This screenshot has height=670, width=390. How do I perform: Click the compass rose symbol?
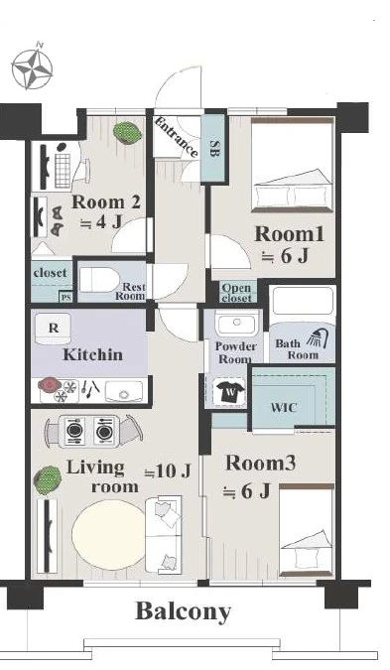tap(32, 68)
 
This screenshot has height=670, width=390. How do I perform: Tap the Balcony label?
tap(184, 611)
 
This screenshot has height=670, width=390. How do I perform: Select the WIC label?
tap(283, 407)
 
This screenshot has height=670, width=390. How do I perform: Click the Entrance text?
tap(177, 137)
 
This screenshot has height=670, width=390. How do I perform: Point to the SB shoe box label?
tap(214, 148)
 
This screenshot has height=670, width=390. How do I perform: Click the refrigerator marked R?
tap(53, 329)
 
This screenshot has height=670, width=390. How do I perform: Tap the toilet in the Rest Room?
tap(99, 280)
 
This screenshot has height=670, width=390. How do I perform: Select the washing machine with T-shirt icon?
tap(230, 391)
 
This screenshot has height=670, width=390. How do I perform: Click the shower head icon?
tap(318, 338)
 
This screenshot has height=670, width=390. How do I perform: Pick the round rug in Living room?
tap(109, 534)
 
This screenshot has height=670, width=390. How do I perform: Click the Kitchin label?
tap(92, 354)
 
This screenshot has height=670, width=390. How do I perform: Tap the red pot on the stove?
tap(50, 384)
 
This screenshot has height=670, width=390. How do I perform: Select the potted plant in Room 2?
tap(127, 132)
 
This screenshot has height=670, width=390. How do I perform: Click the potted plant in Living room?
tap(48, 479)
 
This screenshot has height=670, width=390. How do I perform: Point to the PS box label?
tap(65, 298)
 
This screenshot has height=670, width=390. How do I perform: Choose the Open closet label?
tap(236, 293)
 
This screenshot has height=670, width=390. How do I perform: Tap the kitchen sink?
tap(124, 391)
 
